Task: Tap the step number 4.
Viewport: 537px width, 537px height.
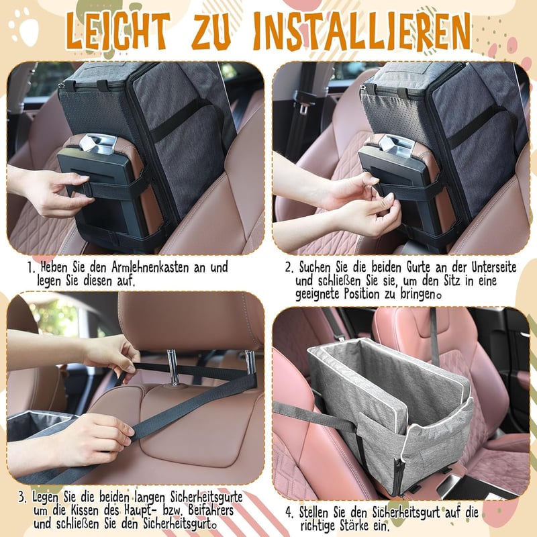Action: pyautogui.click(x=289, y=513)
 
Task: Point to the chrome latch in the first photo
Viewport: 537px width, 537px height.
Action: pyautogui.click(x=99, y=142)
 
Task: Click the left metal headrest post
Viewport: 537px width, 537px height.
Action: pyautogui.click(x=173, y=367)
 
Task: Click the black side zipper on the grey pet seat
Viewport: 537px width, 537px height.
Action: pyautogui.click(x=398, y=475)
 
